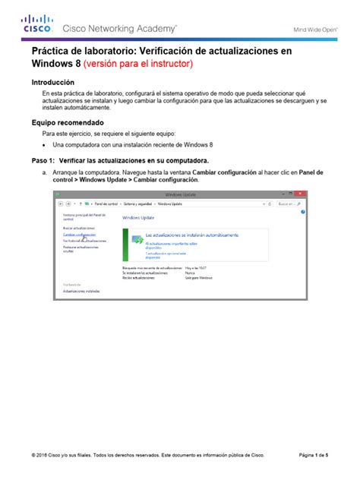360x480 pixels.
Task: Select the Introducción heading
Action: [52, 81]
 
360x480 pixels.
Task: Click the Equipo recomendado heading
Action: [65, 122]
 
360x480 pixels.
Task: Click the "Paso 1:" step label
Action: [44, 161]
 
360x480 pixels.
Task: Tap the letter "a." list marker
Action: [45, 172]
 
